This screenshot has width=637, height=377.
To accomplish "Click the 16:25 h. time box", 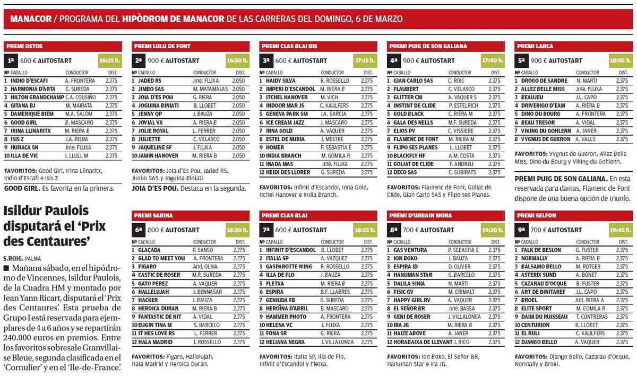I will pos(110,61).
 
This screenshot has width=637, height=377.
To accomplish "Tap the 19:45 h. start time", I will pos(620,230).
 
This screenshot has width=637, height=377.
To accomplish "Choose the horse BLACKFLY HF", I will pos(409,156).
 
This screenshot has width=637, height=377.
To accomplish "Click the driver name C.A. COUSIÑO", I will pos(80,98).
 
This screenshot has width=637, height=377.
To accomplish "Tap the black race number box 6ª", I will pos(139,230).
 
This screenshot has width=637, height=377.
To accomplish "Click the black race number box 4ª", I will pos(393,61).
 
